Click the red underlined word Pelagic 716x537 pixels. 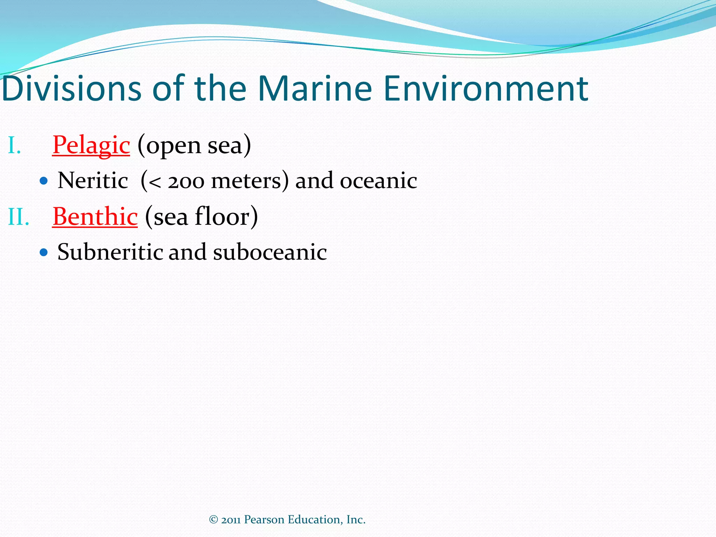(91, 145)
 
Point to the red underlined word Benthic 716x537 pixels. (95, 216)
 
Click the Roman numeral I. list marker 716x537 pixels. (14, 145)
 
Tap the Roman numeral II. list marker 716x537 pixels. (19, 217)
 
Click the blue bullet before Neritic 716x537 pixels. (44, 181)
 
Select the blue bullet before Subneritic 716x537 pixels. (44, 252)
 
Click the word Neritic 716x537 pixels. (93, 181)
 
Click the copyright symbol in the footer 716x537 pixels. (214, 520)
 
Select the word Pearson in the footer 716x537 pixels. (264, 520)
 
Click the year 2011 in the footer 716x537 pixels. (231, 520)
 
